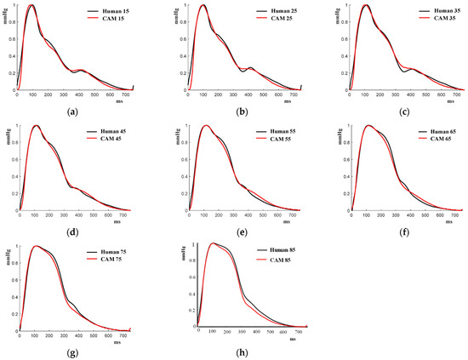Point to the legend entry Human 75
click(x=105, y=252)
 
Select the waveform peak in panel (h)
click(x=212, y=243)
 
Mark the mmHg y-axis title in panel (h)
click(x=185, y=253)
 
